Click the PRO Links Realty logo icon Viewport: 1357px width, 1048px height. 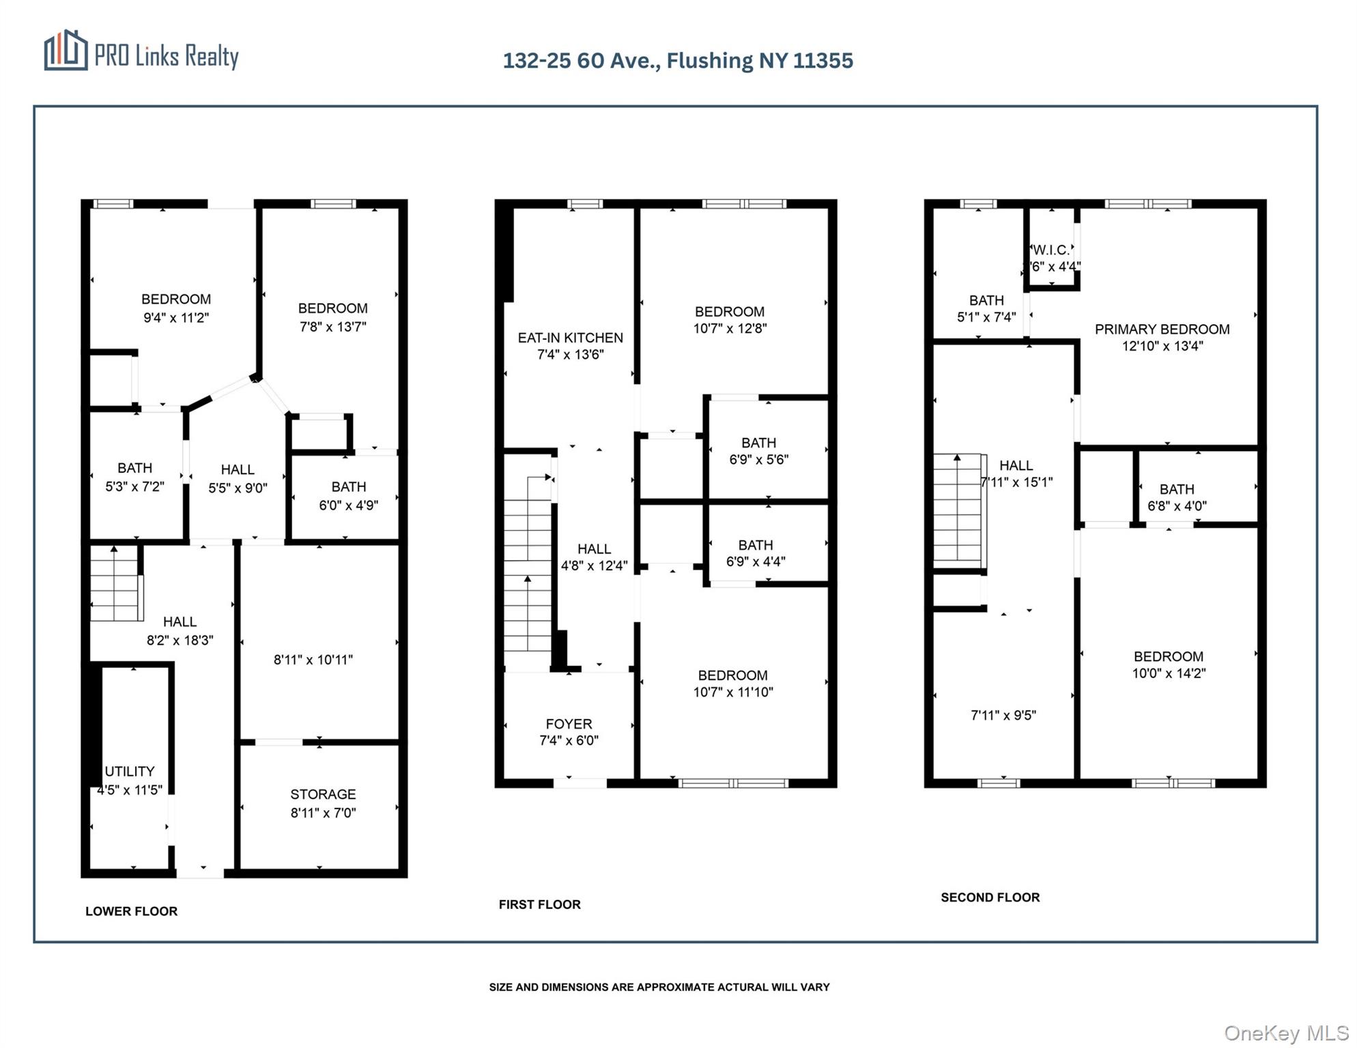66,50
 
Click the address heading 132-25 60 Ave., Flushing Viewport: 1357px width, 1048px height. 677,61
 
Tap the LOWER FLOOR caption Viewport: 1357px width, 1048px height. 131,911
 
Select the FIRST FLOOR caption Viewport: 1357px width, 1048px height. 539,904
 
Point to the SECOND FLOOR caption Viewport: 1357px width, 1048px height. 990,897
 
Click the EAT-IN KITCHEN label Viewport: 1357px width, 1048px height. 570,338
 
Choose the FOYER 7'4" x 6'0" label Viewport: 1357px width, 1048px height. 569,732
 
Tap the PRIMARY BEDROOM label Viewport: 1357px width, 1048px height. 1162,330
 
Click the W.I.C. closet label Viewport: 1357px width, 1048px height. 1051,250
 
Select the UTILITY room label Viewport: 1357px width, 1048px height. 129,772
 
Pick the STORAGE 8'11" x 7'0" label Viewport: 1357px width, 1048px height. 323,803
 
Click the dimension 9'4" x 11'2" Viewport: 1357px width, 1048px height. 176,318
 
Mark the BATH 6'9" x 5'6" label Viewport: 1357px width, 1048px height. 758,451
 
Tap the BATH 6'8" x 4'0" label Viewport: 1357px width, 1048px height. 1177,497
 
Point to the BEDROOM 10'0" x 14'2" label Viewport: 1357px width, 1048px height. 1169,665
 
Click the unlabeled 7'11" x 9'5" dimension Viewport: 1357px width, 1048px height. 1003,715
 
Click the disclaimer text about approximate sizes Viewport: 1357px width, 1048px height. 659,987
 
